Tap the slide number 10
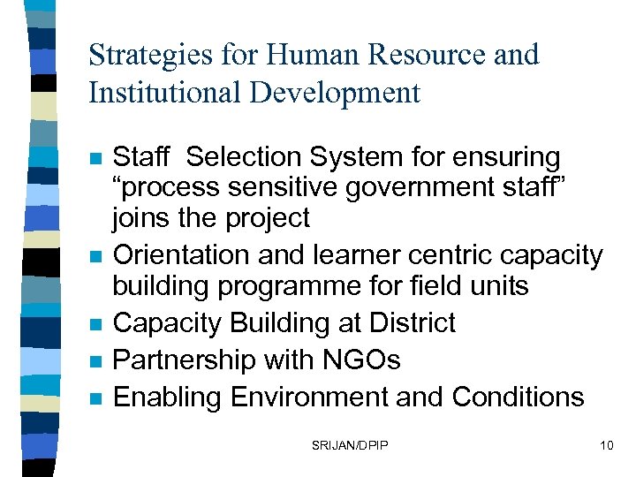click(x=605, y=445)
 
